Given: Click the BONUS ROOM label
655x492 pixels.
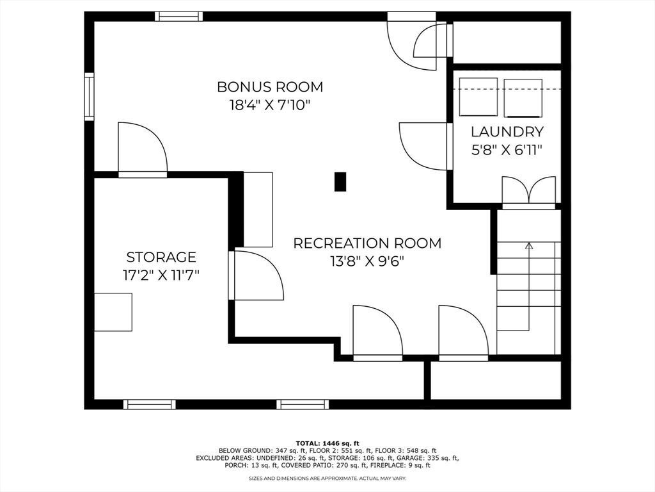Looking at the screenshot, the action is click(270, 86).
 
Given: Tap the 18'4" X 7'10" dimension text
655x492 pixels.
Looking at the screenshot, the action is click(270, 104).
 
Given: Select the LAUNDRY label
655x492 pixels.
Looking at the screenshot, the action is click(507, 132).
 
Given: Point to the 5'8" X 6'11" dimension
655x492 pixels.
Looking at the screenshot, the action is click(507, 150).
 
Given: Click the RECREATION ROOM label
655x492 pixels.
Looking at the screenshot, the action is click(367, 243).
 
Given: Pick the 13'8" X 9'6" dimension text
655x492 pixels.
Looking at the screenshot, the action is click(367, 261).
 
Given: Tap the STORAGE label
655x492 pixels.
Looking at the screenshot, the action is click(161, 256).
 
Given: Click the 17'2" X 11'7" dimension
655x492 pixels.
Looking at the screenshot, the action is click(161, 275).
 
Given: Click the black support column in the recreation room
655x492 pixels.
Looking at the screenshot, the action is click(340, 182).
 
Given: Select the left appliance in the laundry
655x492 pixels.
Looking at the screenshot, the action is click(478, 97).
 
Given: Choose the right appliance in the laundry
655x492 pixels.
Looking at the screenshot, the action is click(523, 97).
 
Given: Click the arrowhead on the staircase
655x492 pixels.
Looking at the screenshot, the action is click(529, 245).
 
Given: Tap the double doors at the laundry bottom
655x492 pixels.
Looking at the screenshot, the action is click(529, 193).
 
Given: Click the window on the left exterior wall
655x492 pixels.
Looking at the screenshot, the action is click(89, 97).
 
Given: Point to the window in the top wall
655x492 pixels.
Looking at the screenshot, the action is click(179, 16).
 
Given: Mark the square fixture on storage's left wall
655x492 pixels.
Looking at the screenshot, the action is click(113, 312).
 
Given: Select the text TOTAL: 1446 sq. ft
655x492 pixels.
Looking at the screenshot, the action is click(327, 443).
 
